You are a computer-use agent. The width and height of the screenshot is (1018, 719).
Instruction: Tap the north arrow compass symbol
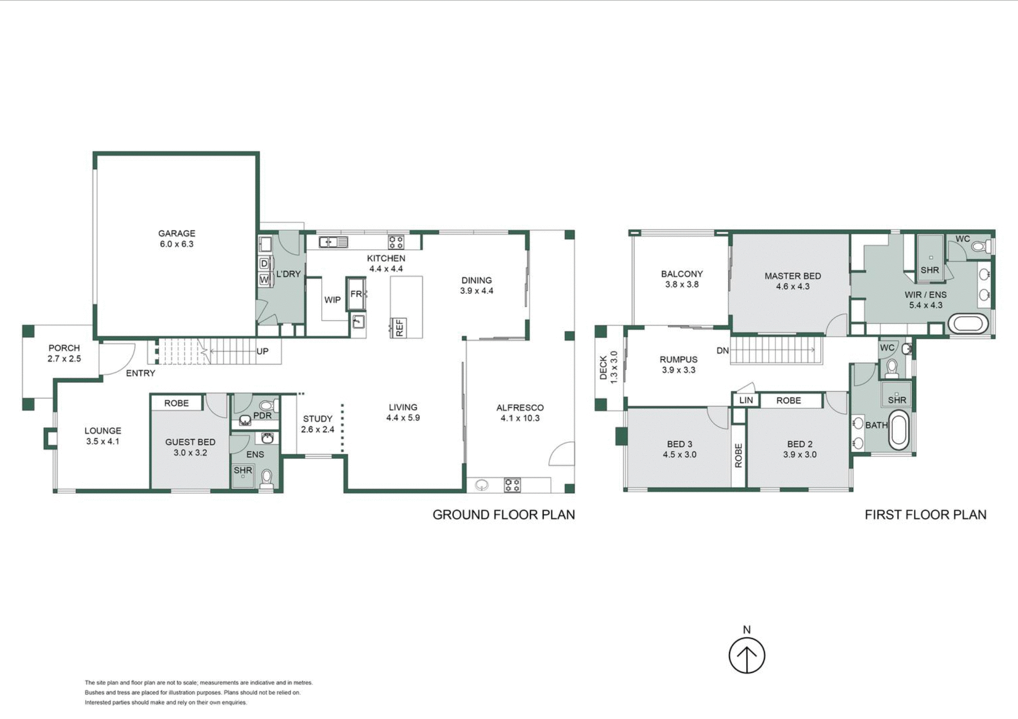coord(747,655)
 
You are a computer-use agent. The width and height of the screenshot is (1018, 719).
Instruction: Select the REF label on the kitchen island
coord(399,327)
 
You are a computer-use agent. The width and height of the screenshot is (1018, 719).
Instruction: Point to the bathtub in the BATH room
coord(898,432)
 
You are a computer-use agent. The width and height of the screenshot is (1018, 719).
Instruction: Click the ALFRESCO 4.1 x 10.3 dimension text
coord(520,418)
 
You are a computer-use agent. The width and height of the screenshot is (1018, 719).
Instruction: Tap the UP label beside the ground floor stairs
coord(262,352)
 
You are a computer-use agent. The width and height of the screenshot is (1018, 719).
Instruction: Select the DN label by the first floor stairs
coord(722,350)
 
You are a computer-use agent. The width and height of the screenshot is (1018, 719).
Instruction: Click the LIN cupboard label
coord(745,400)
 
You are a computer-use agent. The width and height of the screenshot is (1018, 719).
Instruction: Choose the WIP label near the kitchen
coord(332,300)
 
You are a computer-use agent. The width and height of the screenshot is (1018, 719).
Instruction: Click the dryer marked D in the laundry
coord(264,264)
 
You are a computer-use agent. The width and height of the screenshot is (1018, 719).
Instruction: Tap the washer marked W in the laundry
coord(264,279)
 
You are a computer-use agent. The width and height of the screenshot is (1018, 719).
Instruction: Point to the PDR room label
coord(262,415)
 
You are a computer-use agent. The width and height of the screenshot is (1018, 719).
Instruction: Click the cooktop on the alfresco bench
coord(512,485)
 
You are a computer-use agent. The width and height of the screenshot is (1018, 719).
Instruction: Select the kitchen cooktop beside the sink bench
coord(396,242)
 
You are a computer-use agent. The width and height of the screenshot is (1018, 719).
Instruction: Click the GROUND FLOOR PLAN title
coord(503,514)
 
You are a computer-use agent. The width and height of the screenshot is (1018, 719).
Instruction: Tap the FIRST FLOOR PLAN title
coord(925,514)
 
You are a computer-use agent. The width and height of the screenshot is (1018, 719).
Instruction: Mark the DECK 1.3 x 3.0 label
coord(608,367)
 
